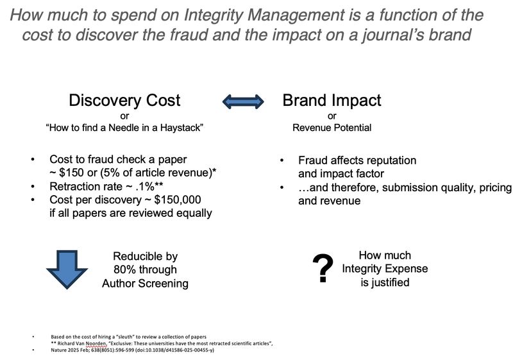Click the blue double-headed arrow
(x=242, y=101)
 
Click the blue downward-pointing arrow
(x=67, y=269)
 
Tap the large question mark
(x=324, y=268)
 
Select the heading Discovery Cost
(x=124, y=101)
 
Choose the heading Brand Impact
(x=332, y=101)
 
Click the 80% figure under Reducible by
(x=125, y=270)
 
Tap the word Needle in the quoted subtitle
(x=112, y=128)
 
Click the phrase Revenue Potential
(x=332, y=128)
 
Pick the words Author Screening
(x=145, y=283)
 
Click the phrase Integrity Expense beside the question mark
(x=385, y=268)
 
